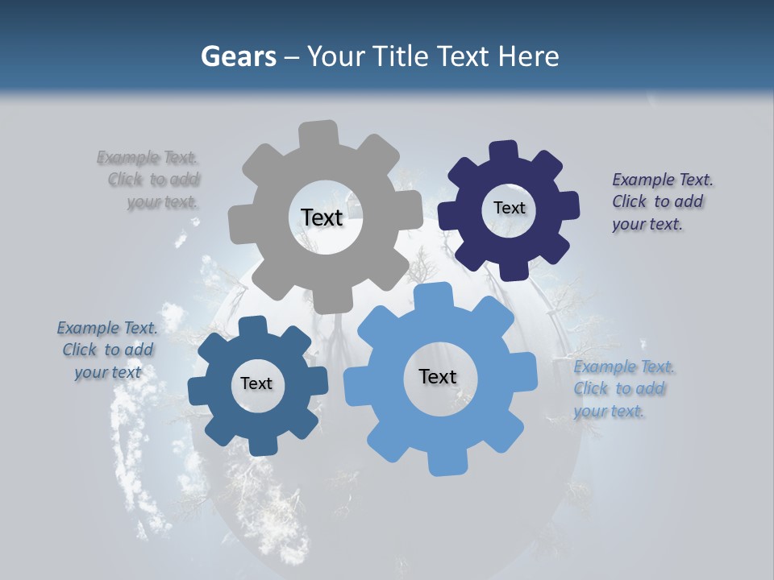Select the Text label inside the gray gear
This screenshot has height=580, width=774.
322,217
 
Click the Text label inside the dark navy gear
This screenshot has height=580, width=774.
509,208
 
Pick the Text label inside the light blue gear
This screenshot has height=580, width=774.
438,376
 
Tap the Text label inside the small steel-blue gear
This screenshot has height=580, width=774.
256,383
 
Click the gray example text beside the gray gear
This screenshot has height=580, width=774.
149,180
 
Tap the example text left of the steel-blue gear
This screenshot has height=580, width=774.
107,350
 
